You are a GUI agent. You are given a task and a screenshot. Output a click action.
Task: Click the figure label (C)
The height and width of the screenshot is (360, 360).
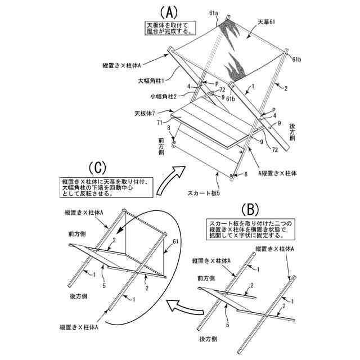tap(97, 168)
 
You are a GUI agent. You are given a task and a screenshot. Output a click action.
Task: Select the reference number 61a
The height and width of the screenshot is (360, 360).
tap(213, 13)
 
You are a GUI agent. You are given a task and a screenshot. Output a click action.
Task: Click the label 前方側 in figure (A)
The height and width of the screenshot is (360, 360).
tap(161, 144)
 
